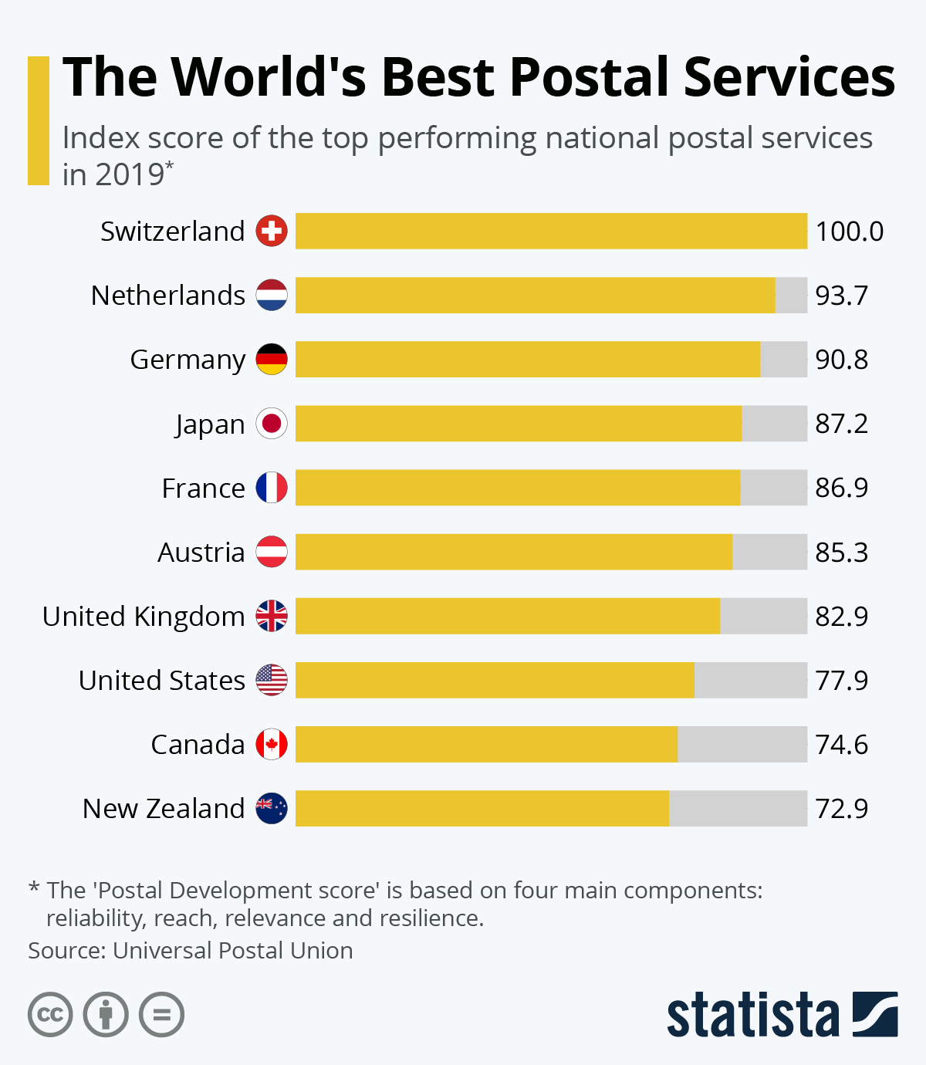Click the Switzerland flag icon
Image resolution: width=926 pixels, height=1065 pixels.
click(x=272, y=231)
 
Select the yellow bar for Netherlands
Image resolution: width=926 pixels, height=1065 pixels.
click(x=535, y=295)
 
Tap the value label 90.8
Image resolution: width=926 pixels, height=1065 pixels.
click(x=841, y=360)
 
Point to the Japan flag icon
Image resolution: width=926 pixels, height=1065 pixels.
click(x=272, y=424)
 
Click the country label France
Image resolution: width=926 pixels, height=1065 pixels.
click(x=203, y=489)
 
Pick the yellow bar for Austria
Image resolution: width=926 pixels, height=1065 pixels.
click(x=514, y=552)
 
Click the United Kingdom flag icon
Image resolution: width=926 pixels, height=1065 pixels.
click(x=272, y=616)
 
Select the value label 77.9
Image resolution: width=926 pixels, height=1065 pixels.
click(x=841, y=681)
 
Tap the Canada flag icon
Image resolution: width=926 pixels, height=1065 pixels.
click(x=272, y=745)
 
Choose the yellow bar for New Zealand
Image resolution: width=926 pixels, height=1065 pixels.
click(x=482, y=808)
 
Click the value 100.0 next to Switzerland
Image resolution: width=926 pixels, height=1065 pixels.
click(x=849, y=232)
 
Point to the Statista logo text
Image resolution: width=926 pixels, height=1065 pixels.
click(x=752, y=1016)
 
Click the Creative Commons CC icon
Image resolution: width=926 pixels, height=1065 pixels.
click(x=50, y=1014)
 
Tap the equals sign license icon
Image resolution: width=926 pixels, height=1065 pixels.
click(x=161, y=1014)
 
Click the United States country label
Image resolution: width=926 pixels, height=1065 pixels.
click(x=162, y=681)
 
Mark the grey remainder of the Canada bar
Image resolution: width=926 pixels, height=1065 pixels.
click(x=742, y=745)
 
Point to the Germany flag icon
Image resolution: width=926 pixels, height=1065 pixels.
click(x=272, y=360)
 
